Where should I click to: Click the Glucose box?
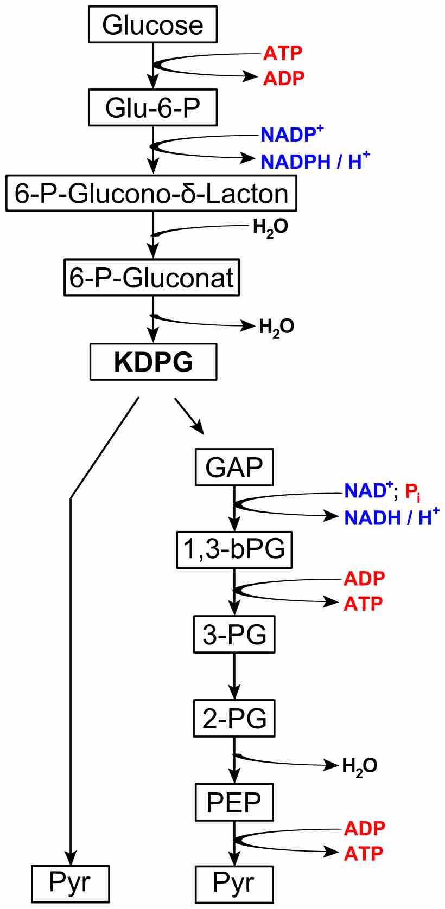click(x=152, y=25)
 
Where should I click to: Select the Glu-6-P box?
click(x=152, y=107)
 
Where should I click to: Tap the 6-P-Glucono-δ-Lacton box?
click(x=151, y=193)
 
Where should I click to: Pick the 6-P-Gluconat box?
click(x=151, y=278)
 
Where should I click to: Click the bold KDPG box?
click(x=153, y=362)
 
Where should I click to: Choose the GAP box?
click(x=234, y=467)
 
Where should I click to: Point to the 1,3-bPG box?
click(x=234, y=549)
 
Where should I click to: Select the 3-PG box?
click(x=234, y=634)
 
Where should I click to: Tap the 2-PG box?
click(x=234, y=718)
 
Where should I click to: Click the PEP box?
click(x=234, y=802)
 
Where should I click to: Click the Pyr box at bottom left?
click(x=71, y=883)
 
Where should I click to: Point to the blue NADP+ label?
click(x=292, y=134)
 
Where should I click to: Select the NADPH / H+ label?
click(x=315, y=161)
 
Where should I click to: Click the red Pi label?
click(x=412, y=492)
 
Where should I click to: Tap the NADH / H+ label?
click(x=391, y=517)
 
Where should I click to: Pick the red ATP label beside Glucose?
click(x=283, y=53)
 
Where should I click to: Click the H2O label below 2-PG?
click(x=359, y=766)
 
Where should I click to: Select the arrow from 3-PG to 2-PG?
click(x=234, y=676)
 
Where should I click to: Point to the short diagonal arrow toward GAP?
click(x=189, y=416)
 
